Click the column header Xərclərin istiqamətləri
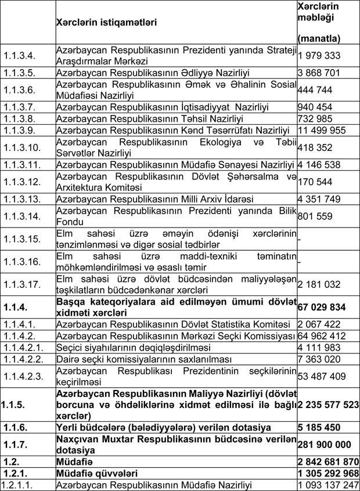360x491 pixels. (106, 23)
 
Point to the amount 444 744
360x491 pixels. (314, 89)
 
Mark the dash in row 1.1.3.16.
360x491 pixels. (299, 262)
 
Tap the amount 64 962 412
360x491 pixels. (321, 335)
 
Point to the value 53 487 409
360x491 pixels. (321, 377)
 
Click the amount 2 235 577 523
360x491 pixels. (327, 406)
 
